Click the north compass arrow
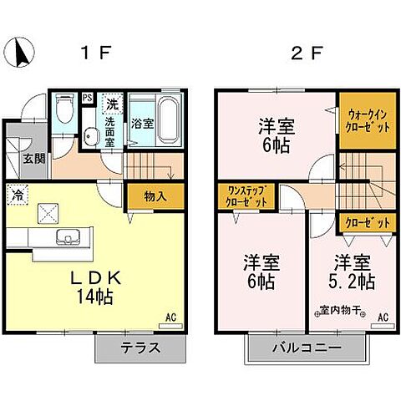pos(23,54)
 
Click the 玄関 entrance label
pos(33,159)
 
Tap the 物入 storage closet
pos(154,198)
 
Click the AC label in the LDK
pos(170,317)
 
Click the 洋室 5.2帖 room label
pos(351,269)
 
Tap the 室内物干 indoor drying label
pos(343,311)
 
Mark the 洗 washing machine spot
pos(112,104)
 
